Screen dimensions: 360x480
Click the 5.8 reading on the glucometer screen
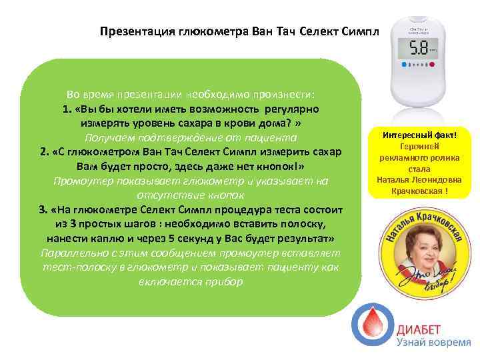click(419, 49)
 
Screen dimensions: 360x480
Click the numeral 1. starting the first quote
click(67, 109)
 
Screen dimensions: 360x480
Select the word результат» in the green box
click(300, 238)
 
